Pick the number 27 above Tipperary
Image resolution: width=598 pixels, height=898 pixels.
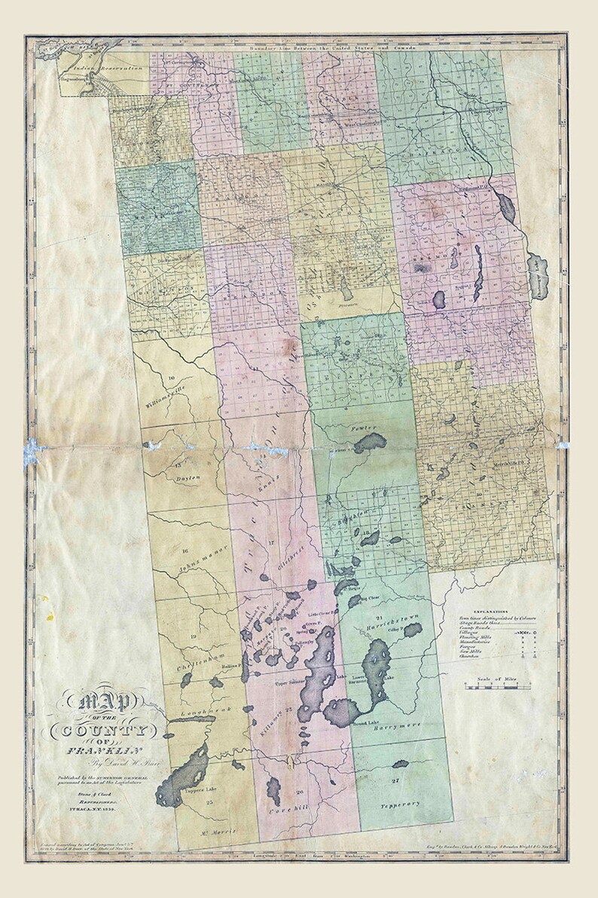(x=395, y=777)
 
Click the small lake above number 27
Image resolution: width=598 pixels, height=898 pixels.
(x=400, y=764)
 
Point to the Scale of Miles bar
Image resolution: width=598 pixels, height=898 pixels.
(x=497, y=687)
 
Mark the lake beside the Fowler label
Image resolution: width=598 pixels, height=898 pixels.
(x=370, y=443)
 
